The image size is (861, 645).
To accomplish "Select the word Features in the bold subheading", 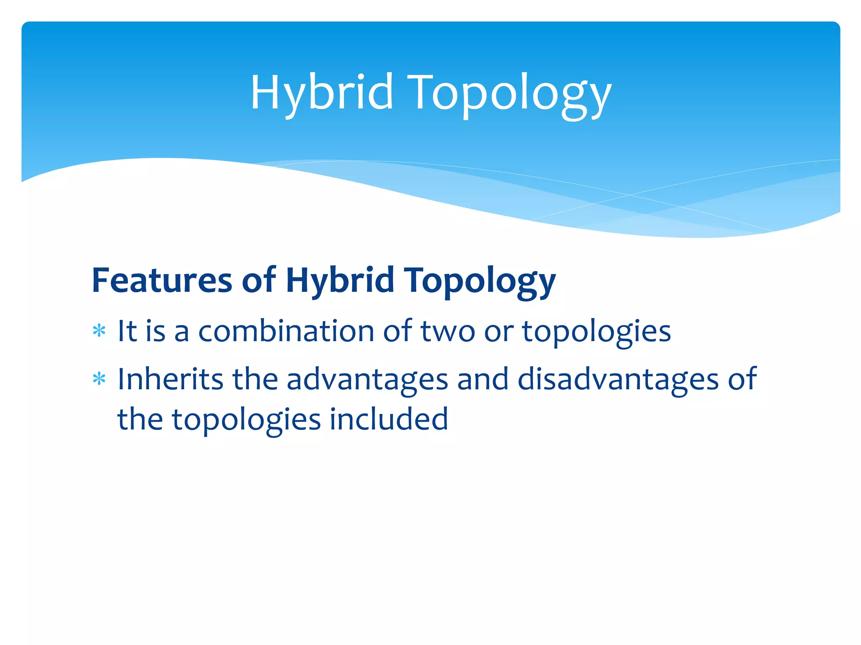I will [x=162, y=280].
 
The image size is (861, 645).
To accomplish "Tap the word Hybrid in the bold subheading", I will [x=340, y=280].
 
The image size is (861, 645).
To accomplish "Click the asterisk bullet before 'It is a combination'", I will [x=99, y=331].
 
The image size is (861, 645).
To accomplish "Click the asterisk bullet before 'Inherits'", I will [x=99, y=380].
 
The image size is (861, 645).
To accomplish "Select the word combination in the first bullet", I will [x=286, y=331].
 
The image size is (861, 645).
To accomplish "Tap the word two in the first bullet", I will [x=448, y=331].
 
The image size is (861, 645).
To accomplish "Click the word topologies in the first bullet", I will [x=596, y=332].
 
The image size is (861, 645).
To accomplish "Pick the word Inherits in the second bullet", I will [x=170, y=379].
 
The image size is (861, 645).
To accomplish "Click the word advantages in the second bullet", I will [x=367, y=380].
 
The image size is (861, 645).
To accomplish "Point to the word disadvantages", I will [x=618, y=380].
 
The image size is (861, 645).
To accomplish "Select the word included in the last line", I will [x=389, y=419].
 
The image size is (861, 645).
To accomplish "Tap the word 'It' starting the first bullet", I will [x=127, y=331].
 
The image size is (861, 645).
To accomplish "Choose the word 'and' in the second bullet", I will [x=483, y=379].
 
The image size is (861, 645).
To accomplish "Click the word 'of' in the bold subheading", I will [x=259, y=280].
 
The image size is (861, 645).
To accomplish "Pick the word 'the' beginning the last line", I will [x=140, y=419].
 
